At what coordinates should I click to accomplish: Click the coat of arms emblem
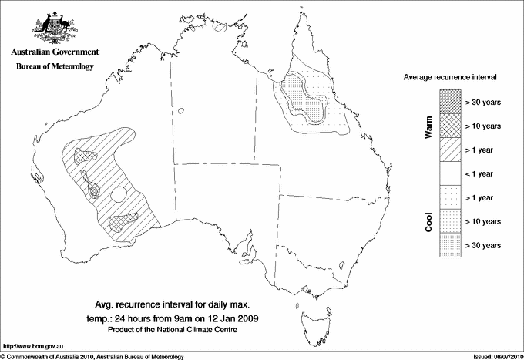[54, 29]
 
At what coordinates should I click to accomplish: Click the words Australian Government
[55, 52]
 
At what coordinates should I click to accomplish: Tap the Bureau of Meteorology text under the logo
[55, 67]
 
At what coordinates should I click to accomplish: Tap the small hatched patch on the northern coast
[221, 25]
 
